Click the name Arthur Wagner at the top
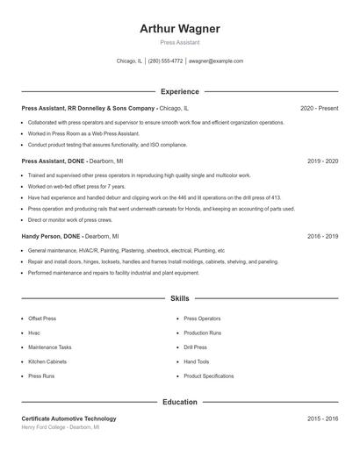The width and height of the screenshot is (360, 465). click(x=180, y=28)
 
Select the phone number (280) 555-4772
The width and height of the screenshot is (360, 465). click(x=165, y=61)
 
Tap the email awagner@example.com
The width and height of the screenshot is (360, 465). click(x=215, y=61)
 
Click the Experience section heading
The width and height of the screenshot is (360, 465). click(x=180, y=91)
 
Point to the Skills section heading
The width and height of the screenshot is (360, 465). click(x=180, y=299)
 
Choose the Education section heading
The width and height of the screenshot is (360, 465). click(x=180, y=402)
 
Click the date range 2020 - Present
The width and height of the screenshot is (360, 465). click(x=319, y=109)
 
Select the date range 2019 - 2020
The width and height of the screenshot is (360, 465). click(x=322, y=161)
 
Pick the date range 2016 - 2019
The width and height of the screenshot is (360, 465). click(x=322, y=236)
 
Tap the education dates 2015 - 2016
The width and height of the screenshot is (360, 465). click(x=322, y=418)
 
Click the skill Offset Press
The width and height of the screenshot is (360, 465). click(x=42, y=318)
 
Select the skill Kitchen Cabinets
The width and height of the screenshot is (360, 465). click(x=47, y=361)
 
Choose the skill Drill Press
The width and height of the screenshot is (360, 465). click(x=196, y=347)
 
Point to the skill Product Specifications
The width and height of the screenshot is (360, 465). click(x=209, y=376)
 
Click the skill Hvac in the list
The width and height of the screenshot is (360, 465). click(x=34, y=333)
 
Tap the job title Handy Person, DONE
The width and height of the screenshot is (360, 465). click(x=51, y=236)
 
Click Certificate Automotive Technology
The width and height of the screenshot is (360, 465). click(x=68, y=418)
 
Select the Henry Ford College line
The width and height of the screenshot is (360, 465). click(x=61, y=427)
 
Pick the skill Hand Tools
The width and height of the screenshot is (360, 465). click(x=197, y=361)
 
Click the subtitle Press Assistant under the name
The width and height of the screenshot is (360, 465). click(x=180, y=42)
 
